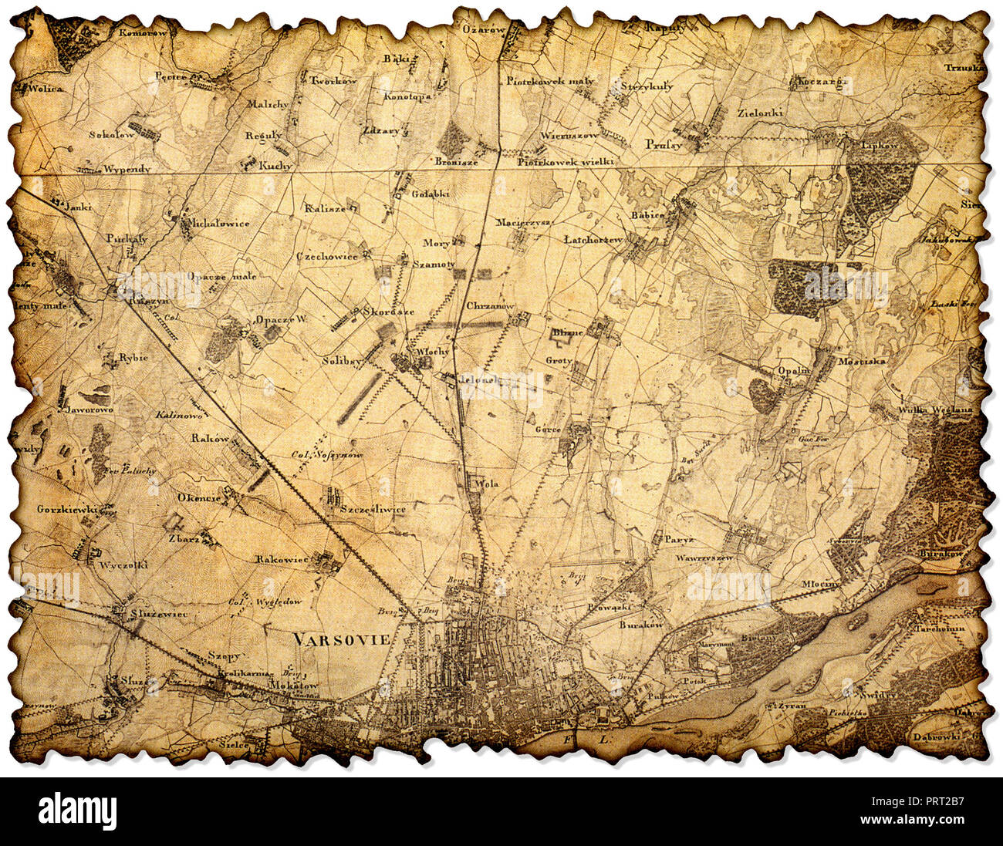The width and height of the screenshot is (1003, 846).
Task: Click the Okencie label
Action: click(198, 497)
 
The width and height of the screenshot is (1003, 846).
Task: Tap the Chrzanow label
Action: click(490, 306)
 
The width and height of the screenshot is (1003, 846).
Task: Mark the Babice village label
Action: click(647, 215)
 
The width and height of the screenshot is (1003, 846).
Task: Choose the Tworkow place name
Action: click(333, 80)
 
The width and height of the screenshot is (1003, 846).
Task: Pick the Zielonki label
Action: click(760, 113)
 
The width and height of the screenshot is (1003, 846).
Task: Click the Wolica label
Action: click(46, 89)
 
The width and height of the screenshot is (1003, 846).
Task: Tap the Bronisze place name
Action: click(456, 162)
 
